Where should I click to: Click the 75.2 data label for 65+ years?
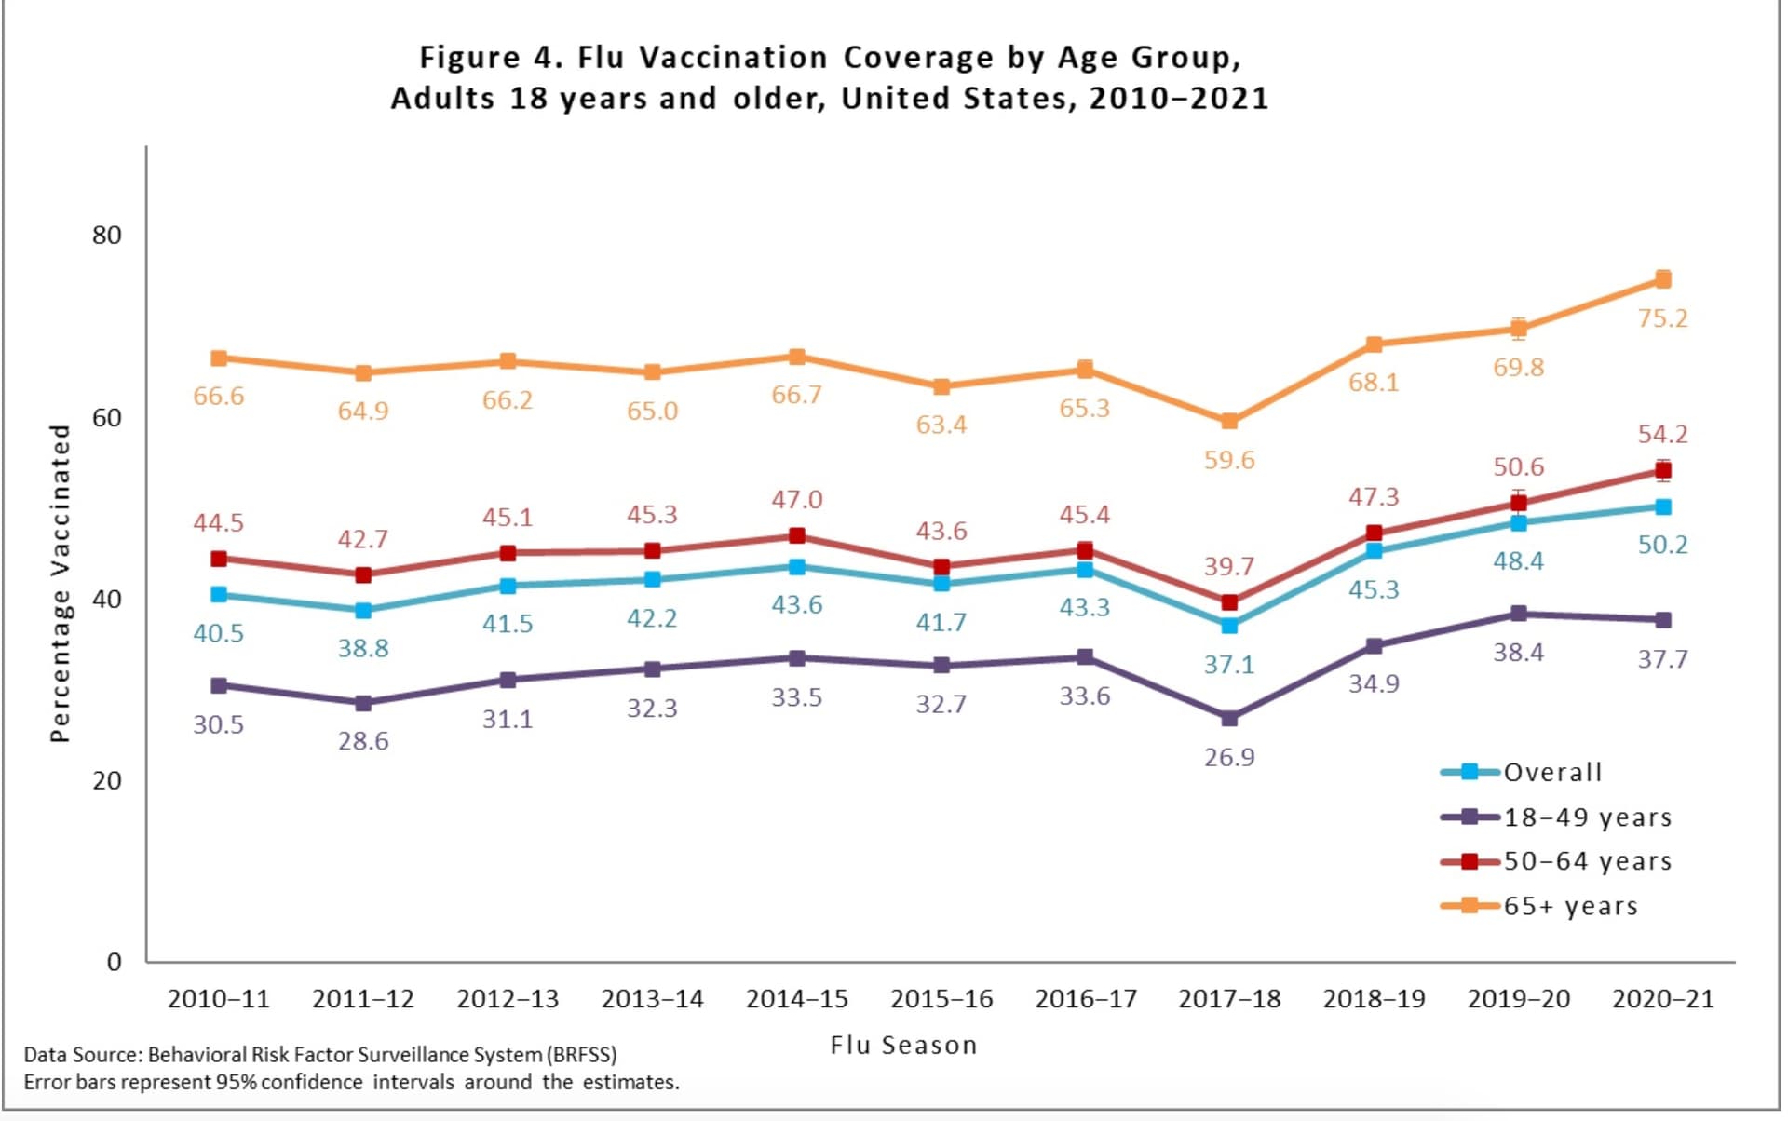(1662, 318)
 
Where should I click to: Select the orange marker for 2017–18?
(1229, 421)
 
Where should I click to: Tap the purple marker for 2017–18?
(1229, 718)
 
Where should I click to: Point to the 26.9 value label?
(1229, 758)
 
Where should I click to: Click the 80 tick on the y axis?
(107, 236)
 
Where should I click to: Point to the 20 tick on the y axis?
(107, 781)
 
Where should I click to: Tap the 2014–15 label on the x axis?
(797, 999)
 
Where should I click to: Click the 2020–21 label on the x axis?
(1663, 999)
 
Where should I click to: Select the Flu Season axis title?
(903, 1046)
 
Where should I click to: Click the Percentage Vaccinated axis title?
(61, 584)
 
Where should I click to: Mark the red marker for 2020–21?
(1663, 470)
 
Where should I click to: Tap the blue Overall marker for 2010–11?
(219, 595)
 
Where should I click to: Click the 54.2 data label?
(1662, 435)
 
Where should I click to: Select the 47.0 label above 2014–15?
(797, 500)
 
